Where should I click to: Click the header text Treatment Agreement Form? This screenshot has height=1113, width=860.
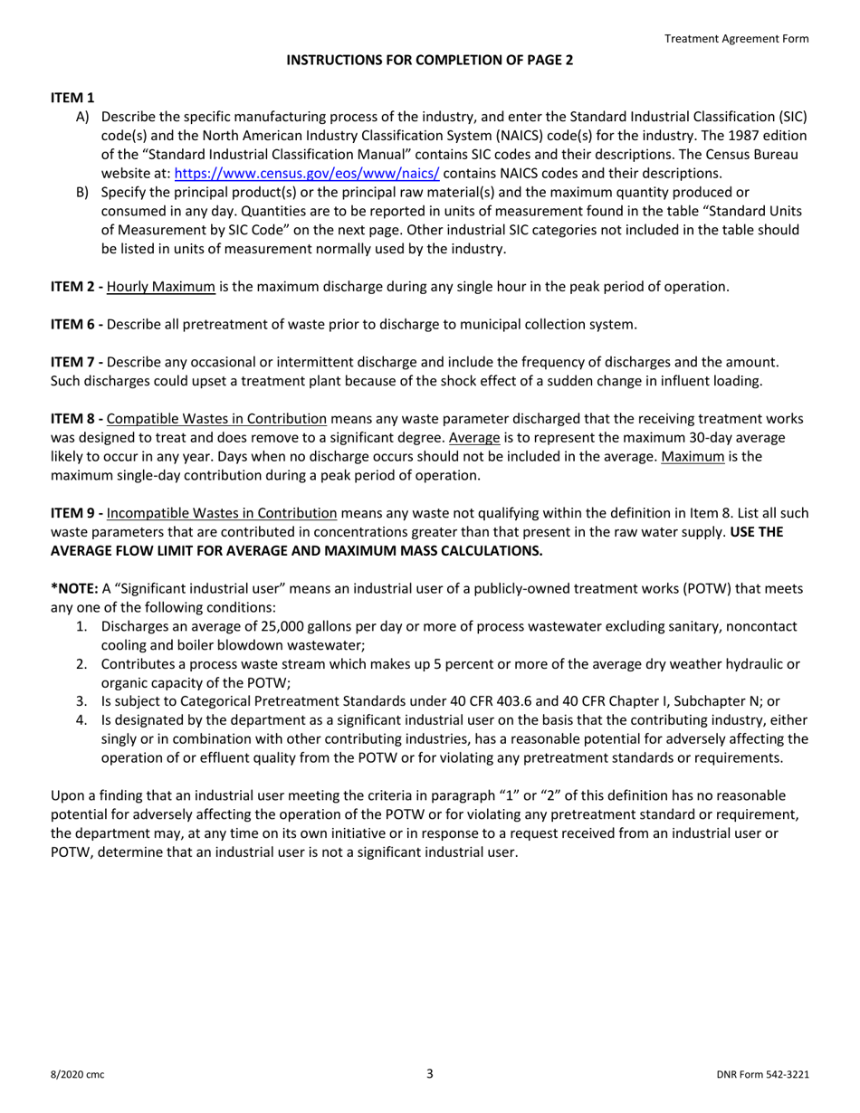click(736, 39)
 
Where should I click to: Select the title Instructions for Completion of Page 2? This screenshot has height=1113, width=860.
click(430, 61)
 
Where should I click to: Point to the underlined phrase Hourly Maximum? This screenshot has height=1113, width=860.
click(161, 287)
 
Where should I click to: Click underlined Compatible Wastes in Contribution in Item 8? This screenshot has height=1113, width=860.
click(217, 419)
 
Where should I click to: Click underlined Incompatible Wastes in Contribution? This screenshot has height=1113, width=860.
click(222, 513)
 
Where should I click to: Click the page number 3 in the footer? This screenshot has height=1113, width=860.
click(430, 1074)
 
